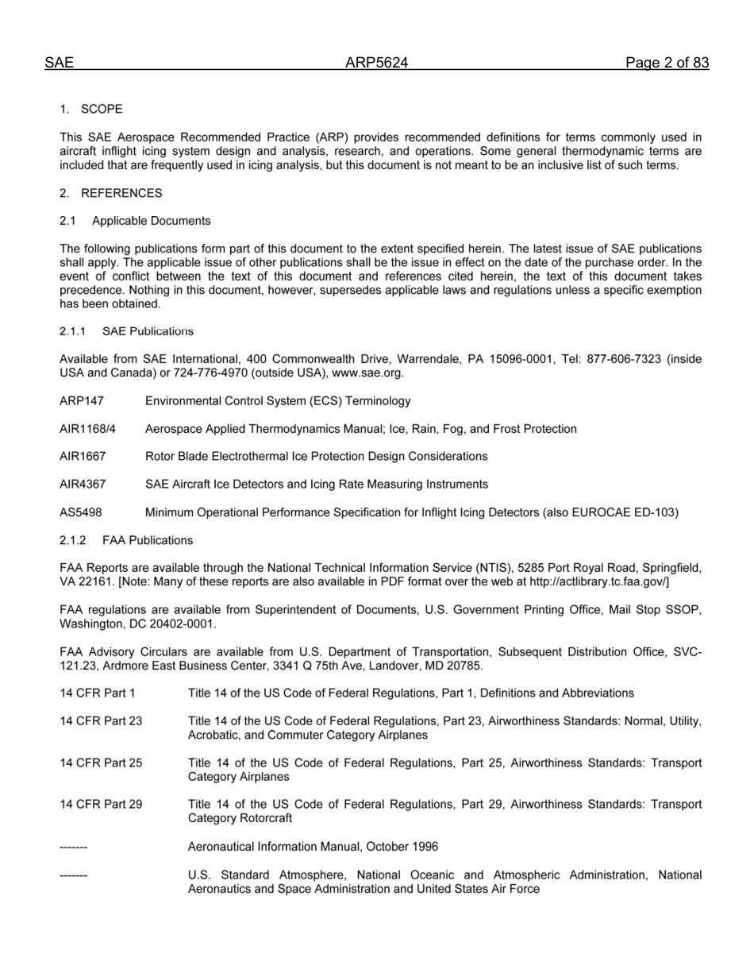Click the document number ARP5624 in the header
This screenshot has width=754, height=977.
376,63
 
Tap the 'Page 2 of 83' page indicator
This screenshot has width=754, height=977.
667,63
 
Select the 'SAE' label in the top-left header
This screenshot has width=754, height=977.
59,63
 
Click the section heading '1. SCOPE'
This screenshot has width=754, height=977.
91,109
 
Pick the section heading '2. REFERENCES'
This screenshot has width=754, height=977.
110,193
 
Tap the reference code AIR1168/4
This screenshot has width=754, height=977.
87,429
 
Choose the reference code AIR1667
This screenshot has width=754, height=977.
83,457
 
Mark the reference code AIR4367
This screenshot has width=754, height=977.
83,485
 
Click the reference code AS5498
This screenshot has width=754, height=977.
80,512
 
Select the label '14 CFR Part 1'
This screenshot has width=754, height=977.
98,693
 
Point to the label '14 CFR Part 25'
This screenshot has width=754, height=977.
101,763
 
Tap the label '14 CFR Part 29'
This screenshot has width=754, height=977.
101,805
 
